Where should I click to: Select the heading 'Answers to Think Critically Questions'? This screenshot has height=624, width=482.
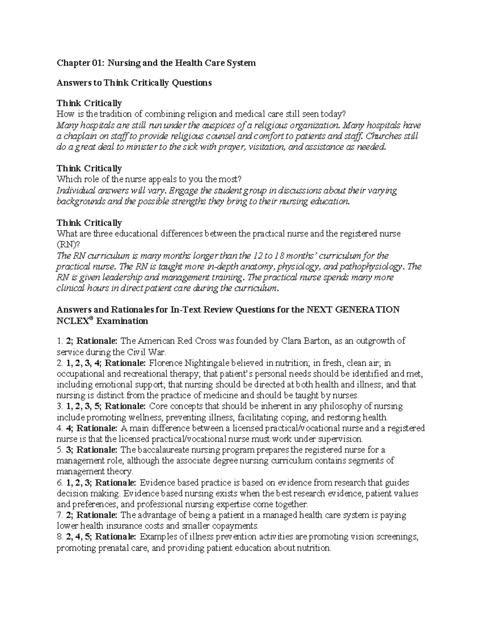coord(134,83)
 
